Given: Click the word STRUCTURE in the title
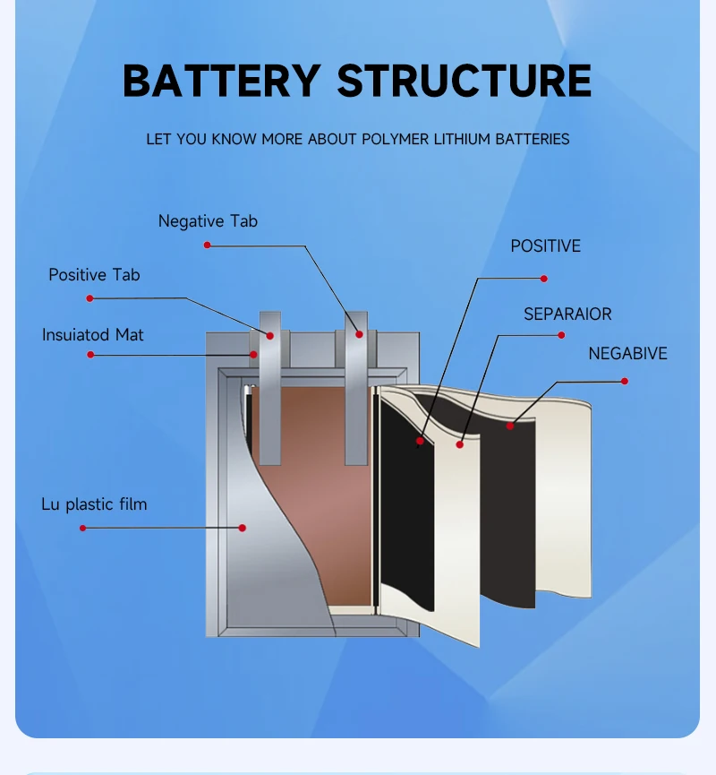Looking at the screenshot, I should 464,81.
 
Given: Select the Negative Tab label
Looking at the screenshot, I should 208,221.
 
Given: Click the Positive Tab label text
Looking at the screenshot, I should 94,275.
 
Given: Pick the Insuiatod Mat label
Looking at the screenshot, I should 92,335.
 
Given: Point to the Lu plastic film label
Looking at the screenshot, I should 94,504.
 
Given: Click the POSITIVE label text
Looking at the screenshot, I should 545,246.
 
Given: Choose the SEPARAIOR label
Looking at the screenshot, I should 567,314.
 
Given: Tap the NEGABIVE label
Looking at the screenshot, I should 627,354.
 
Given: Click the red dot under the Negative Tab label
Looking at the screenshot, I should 208,245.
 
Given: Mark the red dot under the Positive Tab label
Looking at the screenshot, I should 89,298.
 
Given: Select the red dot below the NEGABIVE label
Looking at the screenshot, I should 625,382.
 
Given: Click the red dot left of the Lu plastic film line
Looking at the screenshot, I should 82,529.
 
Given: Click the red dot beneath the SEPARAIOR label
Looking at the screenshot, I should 562,335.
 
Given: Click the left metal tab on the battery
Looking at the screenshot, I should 270,394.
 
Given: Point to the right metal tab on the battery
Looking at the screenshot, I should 356,394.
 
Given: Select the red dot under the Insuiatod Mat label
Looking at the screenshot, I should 90,355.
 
